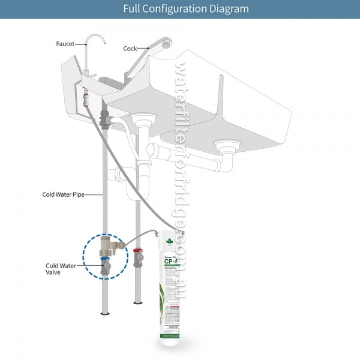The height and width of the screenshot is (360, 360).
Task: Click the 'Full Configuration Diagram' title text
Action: (x=185, y=9)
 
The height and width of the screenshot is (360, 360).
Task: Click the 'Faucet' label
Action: (x=65, y=43)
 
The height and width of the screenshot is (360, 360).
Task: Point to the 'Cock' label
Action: (x=130, y=49)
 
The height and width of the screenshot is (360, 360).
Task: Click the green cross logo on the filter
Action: (x=169, y=242)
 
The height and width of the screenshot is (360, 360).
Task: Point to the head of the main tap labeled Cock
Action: (x=164, y=43)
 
